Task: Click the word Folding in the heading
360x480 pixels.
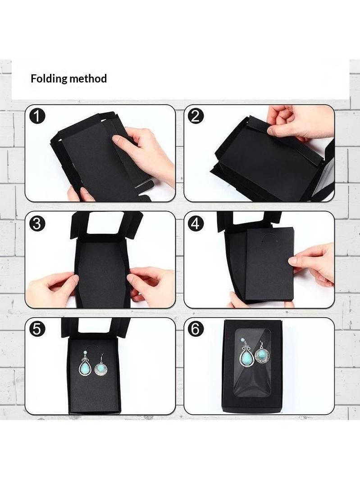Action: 49,79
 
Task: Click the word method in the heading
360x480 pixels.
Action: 88,78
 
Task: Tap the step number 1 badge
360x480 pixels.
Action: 37,117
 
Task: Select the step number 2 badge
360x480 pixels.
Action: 195,116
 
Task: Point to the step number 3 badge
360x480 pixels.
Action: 37,224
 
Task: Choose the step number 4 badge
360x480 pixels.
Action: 195,224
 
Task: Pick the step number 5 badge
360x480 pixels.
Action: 37,329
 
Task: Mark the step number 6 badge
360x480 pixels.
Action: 195,329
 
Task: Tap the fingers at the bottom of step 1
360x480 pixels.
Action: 80,194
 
